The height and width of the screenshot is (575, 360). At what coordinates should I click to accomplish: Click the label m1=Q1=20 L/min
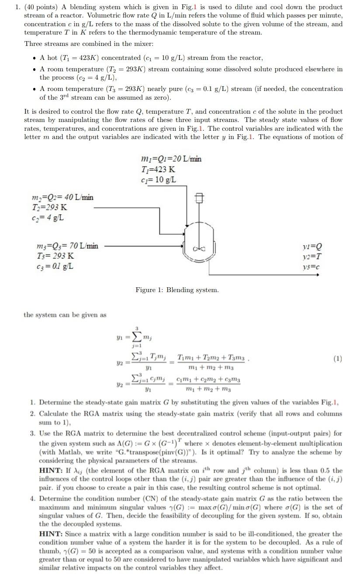point(172,159)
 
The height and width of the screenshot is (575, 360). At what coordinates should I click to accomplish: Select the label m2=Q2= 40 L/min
point(62,197)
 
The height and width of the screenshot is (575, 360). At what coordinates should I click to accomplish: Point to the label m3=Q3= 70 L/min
point(68,246)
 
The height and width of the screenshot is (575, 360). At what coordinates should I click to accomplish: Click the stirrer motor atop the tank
point(199,197)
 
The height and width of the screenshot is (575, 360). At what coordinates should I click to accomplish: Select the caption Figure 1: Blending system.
point(177,290)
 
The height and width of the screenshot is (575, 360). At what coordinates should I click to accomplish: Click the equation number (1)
point(337,359)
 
